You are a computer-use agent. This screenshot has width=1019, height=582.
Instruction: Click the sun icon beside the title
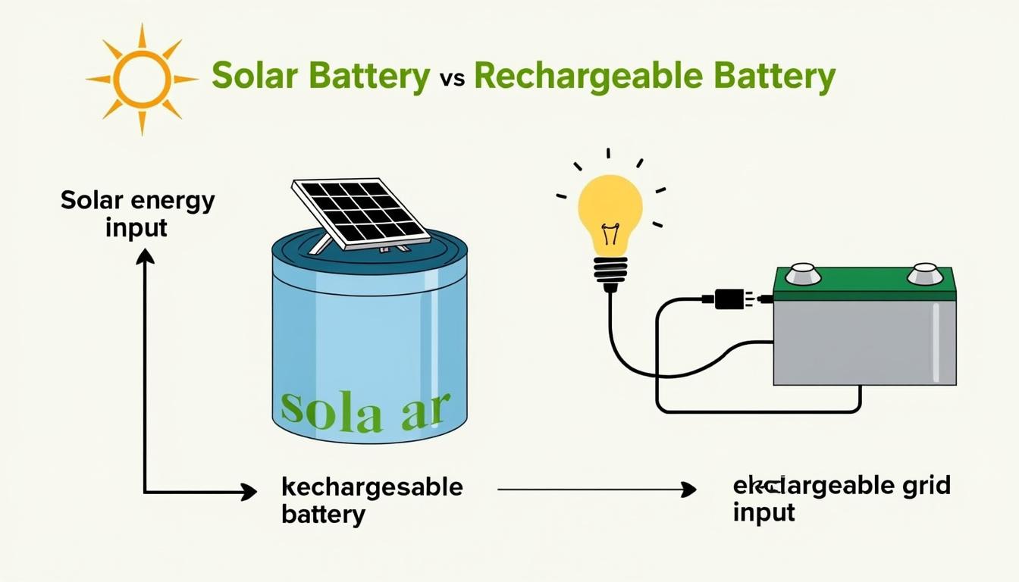coord(141,79)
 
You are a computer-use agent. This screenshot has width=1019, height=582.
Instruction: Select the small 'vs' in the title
coord(452,80)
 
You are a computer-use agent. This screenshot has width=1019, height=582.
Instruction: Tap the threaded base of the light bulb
coord(610,273)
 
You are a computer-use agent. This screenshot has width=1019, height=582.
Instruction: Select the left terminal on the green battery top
coord(803,274)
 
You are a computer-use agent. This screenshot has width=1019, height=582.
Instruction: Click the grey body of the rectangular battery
coord(864,341)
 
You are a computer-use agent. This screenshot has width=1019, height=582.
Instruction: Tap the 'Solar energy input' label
coord(137,214)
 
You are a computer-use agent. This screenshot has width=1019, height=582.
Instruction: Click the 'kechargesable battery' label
coord(372,500)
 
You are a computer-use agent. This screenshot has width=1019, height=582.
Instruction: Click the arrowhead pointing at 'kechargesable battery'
coord(249,493)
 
